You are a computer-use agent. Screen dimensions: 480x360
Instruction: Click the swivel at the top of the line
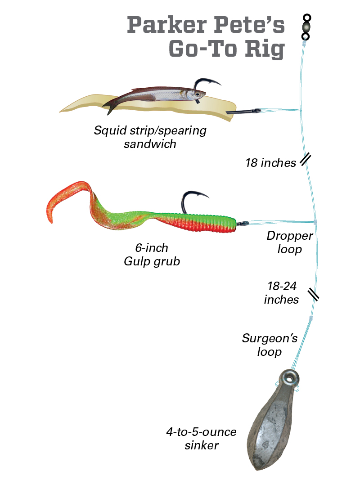click(306, 27)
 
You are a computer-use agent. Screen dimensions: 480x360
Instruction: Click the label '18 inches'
click(270, 162)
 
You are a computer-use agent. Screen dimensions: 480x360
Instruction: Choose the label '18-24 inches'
click(281, 293)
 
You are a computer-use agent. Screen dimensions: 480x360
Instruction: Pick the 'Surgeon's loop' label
click(269, 345)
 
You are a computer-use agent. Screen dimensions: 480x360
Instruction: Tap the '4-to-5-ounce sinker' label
click(201, 439)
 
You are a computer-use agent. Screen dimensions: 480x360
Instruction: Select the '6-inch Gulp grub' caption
click(152, 255)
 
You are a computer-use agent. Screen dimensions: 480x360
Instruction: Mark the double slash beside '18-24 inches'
click(314, 295)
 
